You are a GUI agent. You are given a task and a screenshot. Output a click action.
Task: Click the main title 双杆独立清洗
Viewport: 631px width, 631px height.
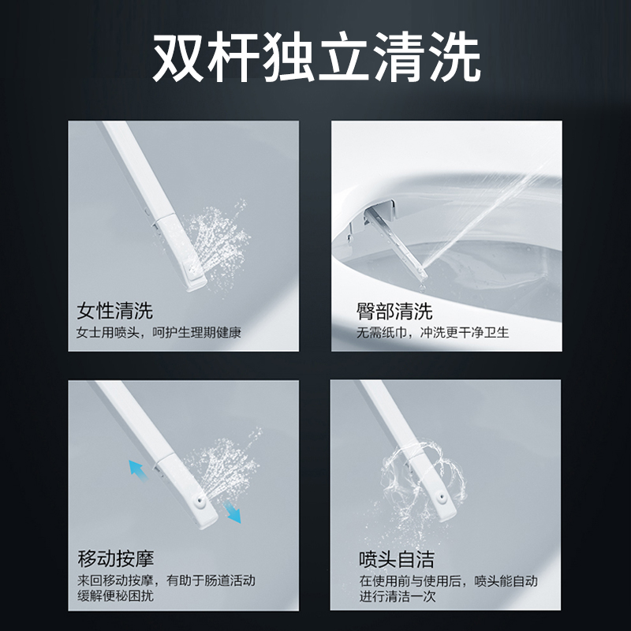[316, 57]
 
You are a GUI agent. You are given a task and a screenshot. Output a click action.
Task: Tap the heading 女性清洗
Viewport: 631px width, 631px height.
[115, 310]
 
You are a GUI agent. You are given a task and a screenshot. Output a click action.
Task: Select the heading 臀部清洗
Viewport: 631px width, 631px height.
[394, 311]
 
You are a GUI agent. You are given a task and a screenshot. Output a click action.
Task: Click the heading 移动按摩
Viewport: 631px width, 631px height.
[116, 558]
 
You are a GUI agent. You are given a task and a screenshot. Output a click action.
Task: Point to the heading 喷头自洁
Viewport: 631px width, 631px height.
[397, 559]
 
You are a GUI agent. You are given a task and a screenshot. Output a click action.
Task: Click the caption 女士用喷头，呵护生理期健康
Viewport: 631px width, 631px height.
[159, 333]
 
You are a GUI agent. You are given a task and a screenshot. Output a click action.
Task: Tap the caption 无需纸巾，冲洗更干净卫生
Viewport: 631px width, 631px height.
[433, 332]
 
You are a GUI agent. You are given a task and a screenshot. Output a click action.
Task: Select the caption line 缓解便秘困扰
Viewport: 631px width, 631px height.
[115, 596]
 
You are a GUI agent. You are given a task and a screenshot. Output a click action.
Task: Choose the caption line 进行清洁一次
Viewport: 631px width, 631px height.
[398, 596]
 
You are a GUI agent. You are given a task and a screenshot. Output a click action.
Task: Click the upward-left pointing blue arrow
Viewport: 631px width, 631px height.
[138, 470]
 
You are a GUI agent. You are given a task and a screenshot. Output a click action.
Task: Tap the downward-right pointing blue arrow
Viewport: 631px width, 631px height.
[232, 512]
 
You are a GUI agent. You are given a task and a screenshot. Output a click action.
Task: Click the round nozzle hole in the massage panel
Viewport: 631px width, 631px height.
[200, 501]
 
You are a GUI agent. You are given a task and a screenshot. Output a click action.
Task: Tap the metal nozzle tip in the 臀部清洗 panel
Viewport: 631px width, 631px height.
[422, 274]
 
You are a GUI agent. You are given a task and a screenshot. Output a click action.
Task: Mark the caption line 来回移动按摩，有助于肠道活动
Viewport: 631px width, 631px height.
[166, 581]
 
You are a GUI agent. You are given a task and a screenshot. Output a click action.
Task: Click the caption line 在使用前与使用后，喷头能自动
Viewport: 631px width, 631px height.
[448, 581]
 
